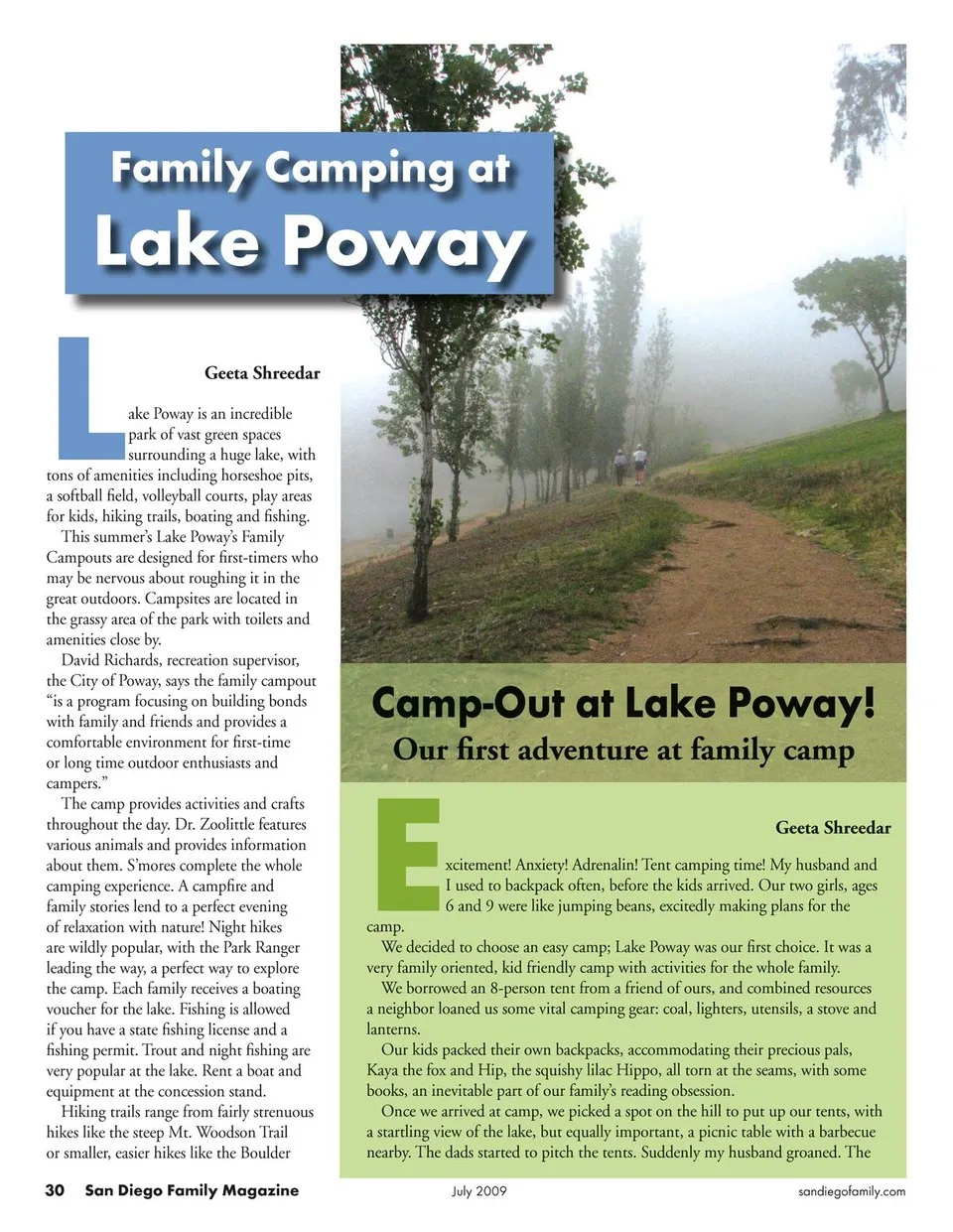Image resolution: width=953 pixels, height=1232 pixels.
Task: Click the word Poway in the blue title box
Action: (x=404, y=241)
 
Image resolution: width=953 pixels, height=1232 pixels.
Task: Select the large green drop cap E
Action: (x=407, y=855)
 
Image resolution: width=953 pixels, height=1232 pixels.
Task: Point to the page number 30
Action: (x=55, y=1190)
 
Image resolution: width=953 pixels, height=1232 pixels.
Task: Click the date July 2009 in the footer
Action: (x=478, y=1190)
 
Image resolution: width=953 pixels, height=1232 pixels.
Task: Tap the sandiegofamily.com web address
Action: (x=852, y=1191)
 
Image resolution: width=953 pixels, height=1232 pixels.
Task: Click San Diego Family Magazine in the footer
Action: (x=192, y=1190)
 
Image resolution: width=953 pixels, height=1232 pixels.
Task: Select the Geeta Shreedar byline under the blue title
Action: (x=262, y=373)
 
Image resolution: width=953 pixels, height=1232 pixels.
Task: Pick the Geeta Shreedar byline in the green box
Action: (x=833, y=828)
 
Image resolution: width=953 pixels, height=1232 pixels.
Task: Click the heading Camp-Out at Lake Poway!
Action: (x=622, y=703)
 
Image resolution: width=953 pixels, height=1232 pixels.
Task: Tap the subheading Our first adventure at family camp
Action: (x=622, y=750)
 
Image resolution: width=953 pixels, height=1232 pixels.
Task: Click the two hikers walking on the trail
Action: (x=629, y=464)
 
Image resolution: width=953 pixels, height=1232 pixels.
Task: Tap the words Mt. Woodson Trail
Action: (x=227, y=1133)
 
